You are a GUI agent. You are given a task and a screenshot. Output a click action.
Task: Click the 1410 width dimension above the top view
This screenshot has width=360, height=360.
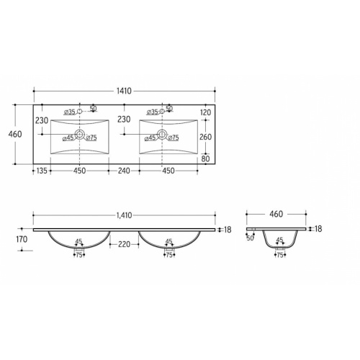124,91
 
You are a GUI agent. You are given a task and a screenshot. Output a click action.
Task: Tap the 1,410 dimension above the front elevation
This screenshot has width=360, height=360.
124,215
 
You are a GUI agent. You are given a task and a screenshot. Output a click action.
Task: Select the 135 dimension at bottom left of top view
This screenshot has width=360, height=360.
42,171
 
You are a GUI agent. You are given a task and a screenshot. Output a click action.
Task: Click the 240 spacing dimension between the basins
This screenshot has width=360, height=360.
124,171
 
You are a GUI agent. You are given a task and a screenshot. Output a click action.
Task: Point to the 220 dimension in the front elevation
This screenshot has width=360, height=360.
124,244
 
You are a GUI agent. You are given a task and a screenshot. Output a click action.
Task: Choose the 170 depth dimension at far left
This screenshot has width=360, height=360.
22,239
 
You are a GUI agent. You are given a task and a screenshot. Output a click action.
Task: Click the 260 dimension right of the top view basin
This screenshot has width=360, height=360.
206,137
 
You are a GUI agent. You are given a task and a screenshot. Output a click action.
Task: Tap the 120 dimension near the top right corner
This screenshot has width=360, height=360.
206,112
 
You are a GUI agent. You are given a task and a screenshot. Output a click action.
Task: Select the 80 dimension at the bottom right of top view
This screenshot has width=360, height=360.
206,158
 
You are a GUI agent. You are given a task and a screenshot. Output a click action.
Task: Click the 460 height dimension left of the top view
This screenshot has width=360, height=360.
15,134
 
